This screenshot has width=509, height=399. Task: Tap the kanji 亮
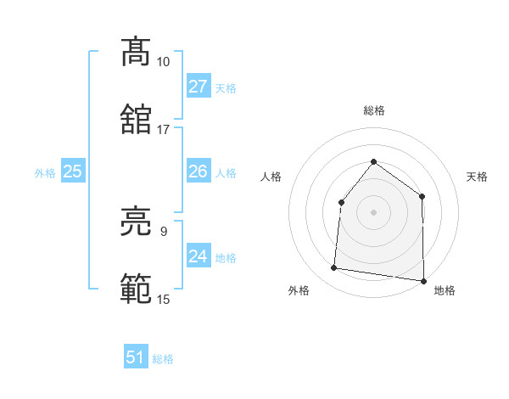[136, 222]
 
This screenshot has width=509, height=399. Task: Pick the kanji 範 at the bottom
[136, 288]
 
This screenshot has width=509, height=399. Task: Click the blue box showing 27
[198, 87]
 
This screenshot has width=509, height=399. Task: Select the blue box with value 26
[198, 171]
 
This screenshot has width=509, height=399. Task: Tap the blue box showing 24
[198, 256]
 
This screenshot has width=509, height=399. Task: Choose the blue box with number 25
[72, 171]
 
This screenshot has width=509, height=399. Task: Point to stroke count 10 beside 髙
[163, 62]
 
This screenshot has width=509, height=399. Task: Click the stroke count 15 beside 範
[163, 299]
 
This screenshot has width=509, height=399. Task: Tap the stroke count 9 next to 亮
[163, 231]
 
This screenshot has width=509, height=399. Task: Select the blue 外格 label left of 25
[45, 173]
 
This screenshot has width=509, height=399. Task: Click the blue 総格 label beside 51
[163, 359]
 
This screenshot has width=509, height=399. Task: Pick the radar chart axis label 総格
[373, 110]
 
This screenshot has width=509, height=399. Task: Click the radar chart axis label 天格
[478, 177]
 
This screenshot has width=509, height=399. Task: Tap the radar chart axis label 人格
[271, 177]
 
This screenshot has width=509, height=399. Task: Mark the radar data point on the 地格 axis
[423, 280]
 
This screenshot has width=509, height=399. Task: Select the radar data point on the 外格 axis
[334, 268]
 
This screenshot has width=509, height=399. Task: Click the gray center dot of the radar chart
[373, 212]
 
